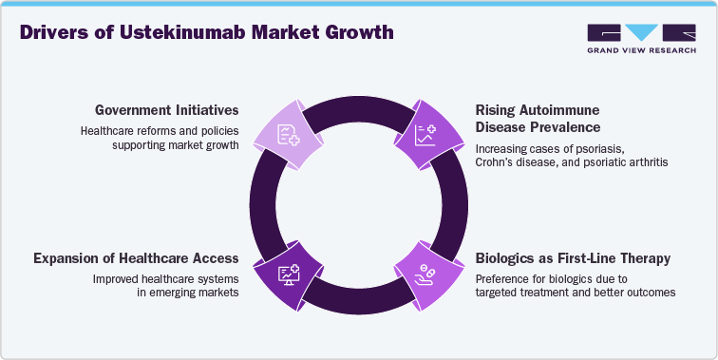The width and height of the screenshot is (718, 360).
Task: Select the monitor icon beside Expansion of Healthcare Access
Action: tap(288, 275)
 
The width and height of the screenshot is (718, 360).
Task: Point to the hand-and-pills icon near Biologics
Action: tap(424, 275)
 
